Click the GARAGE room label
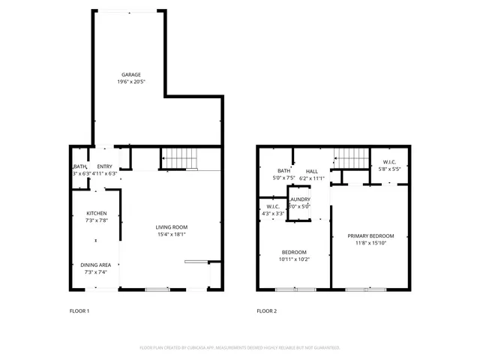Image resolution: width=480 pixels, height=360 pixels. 132,74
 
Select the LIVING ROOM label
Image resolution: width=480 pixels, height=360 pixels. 171,226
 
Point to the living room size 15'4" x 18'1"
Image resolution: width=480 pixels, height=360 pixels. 171,234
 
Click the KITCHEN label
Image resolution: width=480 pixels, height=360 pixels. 96,213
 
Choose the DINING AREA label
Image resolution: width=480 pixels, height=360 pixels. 96,265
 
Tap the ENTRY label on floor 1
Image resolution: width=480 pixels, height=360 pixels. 104,166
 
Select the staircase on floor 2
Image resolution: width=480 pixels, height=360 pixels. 349,158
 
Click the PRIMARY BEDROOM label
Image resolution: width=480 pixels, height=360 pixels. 370,235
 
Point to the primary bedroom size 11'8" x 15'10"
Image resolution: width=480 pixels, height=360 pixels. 370,243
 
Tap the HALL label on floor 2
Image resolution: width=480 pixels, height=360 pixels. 311,171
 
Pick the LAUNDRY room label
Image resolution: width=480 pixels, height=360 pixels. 300,199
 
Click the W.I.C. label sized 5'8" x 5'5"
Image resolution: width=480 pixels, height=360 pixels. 389,161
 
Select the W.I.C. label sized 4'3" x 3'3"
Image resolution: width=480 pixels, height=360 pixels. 272,206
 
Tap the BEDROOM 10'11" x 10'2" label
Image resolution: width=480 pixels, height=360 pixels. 294,252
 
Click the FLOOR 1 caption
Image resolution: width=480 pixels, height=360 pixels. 79,310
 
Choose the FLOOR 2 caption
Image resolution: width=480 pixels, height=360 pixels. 267,310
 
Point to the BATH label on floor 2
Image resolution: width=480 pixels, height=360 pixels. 283,171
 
